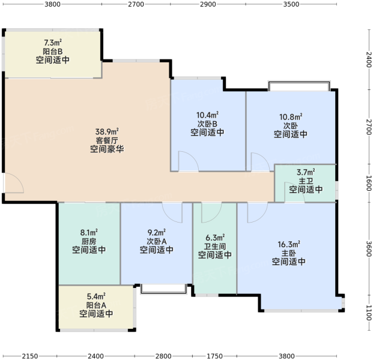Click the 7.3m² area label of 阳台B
[53, 43]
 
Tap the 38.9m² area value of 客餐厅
[107, 131]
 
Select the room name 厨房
[89, 241]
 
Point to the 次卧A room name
[157, 241]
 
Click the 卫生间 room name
[215, 247]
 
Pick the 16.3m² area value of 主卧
[289, 244]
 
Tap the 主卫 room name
[306, 181]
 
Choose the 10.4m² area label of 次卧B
[207, 115]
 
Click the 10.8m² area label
[291, 117]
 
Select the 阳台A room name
[96, 305]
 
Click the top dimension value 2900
[208, 4]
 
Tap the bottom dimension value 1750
[214, 356]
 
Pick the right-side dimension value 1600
[368, 183]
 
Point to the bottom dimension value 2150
[30, 356]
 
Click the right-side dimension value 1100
[368, 313]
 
